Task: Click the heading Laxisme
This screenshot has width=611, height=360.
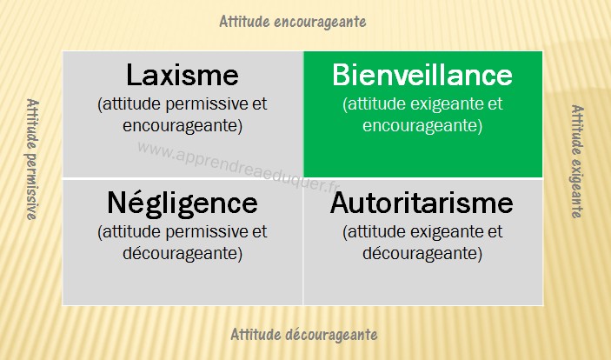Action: pyautogui.click(x=183, y=75)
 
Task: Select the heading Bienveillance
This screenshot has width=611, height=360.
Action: pyautogui.click(x=422, y=75)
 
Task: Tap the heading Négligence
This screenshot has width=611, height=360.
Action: pyautogui.click(x=183, y=202)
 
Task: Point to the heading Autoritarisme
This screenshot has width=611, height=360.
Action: pyautogui.click(x=422, y=203)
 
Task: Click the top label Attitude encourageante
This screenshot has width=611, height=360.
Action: pyautogui.click(x=293, y=22)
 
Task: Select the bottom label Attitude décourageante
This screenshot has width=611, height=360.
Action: pyautogui.click(x=304, y=334)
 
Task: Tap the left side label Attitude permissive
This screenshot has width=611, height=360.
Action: pyautogui.click(x=32, y=159)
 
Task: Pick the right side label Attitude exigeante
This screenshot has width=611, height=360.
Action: pyautogui.click(x=577, y=162)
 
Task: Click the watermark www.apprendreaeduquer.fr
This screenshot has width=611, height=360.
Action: pyautogui.click(x=238, y=167)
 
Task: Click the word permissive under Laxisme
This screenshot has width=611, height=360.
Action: pyautogui.click(x=207, y=104)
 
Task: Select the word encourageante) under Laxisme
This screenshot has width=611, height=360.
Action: pyautogui.click(x=183, y=126)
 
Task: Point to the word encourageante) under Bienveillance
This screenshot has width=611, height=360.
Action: pyautogui.click(x=422, y=126)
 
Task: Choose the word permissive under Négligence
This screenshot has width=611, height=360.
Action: pyautogui.click(x=207, y=232)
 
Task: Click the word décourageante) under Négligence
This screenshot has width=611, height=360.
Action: pyautogui.click(x=183, y=254)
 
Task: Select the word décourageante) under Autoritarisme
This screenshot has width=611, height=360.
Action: pyautogui.click(x=422, y=254)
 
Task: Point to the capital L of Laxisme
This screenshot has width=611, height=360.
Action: pyautogui.click(x=133, y=75)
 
